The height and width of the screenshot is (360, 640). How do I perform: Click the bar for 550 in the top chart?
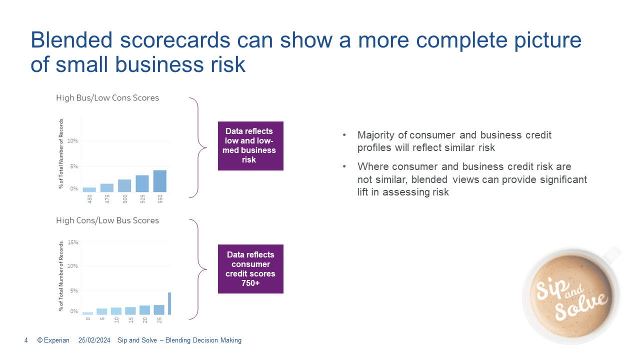pyautogui.click(x=159, y=181)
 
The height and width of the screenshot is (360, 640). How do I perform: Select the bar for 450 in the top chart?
pyautogui.click(x=89, y=189)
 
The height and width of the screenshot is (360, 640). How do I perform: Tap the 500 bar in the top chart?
pyautogui.click(x=124, y=185)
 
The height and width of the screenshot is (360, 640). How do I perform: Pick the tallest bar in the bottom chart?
pyautogui.click(x=169, y=303)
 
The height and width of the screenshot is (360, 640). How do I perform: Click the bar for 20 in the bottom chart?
pyautogui.click(x=144, y=310)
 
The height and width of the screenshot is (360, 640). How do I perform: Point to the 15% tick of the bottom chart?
pyautogui.click(x=73, y=242)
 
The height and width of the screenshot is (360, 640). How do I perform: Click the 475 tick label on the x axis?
pyautogui.click(x=107, y=199)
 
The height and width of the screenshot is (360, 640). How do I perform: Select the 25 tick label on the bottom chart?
pyautogui.click(x=159, y=320)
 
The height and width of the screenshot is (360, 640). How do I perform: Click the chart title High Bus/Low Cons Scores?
pyautogui.click(x=107, y=98)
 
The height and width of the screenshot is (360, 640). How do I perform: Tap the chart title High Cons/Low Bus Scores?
pyautogui.click(x=107, y=220)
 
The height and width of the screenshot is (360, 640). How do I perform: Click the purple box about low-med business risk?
pyautogui.click(x=250, y=146)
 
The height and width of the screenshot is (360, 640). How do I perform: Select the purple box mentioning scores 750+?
pyautogui.click(x=250, y=269)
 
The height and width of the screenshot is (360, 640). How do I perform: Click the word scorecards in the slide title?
pyautogui.click(x=175, y=40)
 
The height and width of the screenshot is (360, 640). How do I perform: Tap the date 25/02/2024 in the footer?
pyautogui.click(x=94, y=340)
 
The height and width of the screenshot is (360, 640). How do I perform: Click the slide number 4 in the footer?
pyautogui.click(x=26, y=340)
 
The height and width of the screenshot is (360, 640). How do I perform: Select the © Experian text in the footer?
pyautogui.click(x=53, y=340)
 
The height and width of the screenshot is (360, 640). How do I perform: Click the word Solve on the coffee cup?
pyautogui.click(x=581, y=306)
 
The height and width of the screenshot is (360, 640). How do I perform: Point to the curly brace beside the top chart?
pyautogui.click(x=198, y=147)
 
